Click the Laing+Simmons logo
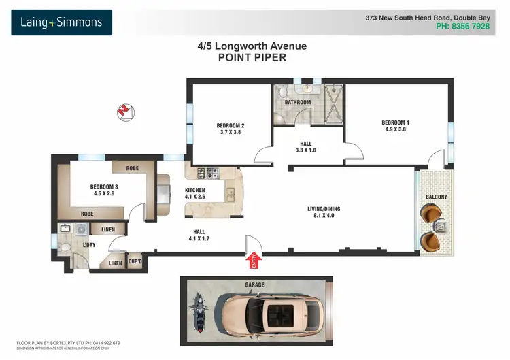(x=61, y=22)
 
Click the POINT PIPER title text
(x=252, y=58)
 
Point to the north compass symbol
(x=124, y=111)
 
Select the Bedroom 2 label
(x=231, y=125)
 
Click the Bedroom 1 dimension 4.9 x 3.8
(x=395, y=129)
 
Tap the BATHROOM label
(x=298, y=103)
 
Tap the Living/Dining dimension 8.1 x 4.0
(x=320, y=215)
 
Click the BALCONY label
(x=437, y=197)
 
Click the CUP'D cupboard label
(x=135, y=261)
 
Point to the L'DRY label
(x=88, y=244)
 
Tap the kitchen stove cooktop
(x=207, y=173)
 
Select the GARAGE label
(x=255, y=284)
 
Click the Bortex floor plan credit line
(x=67, y=343)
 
